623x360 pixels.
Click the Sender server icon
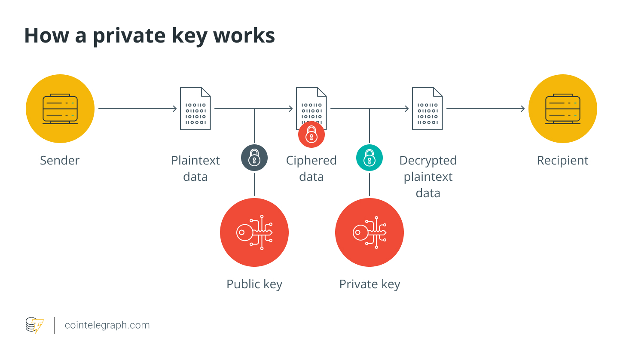60,109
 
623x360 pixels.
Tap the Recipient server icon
562,109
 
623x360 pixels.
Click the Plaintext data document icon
195,109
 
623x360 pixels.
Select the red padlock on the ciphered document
311,134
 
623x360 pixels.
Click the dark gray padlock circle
254,158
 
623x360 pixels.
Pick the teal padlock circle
370,158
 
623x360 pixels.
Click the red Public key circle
254,232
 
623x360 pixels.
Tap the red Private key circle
370,232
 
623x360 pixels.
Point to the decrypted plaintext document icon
428,109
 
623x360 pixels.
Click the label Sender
60,161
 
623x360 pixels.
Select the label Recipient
562,161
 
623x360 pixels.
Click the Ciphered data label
311,168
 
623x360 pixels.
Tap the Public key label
254,284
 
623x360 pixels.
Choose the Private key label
370,284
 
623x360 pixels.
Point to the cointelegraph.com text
107,325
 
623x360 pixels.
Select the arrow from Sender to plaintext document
137,109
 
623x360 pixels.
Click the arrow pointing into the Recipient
486,109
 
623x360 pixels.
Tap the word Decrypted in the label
428,161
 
